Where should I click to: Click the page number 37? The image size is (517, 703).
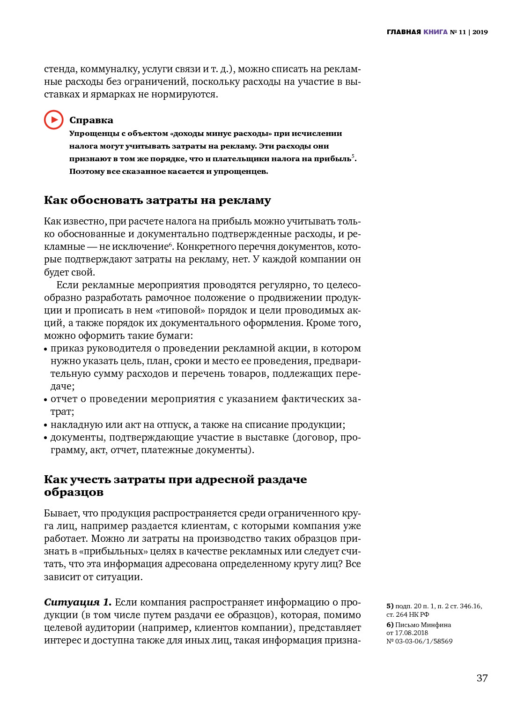pyautogui.click(x=482, y=678)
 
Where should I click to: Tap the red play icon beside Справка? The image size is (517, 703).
pyautogui.click(x=54, y=120)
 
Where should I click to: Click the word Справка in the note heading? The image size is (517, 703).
pyautogui.click(x=91, y=120)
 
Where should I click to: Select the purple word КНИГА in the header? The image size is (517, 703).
pyautogui.click(x=436, y=32)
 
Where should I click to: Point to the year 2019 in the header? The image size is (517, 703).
pyautogui.click(x=480, y=32)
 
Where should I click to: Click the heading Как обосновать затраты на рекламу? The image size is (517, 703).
pyautogui.click(x=157, y=200)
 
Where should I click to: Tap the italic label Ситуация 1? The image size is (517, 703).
pyautogui.click(x=78, y=602)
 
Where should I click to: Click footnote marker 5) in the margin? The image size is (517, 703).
pyautogui.click(x=390, y=606)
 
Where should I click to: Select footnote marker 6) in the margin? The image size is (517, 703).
pyautogui.click(x=390, y=625)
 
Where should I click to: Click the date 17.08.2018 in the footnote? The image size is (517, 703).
pyautogui.click(x=411, y=633)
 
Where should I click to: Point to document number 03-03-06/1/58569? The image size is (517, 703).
pyautogui.click(x=424, y=641)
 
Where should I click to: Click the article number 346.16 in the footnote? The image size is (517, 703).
pyautogui.click(x=471, y=606)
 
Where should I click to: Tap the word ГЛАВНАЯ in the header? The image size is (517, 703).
pyautogui.click(x=404, y=32)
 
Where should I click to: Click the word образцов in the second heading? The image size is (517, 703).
pyautogui.click(x=74, y=492)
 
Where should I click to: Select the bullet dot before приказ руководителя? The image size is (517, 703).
pyautogui.click(x=46, y=349)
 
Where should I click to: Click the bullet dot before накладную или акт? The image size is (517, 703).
pyautogui.click(x=46, y=425)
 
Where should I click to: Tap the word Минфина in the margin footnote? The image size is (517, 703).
pyautogui.click(x=436, y=625)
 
